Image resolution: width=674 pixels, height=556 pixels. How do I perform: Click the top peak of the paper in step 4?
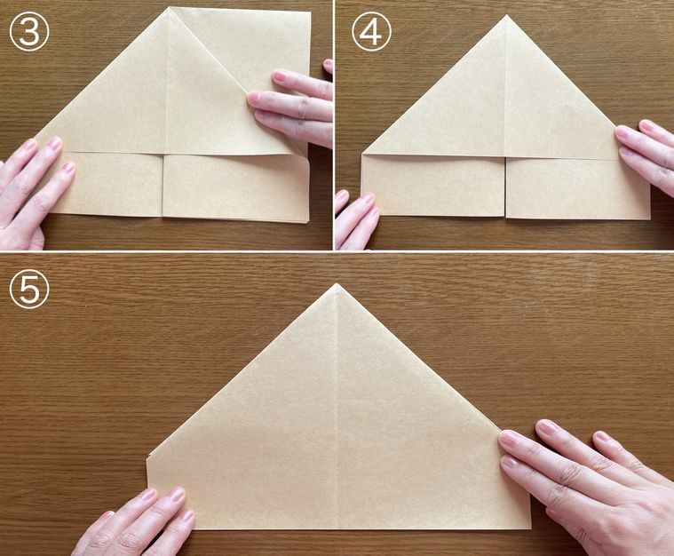[506, 15]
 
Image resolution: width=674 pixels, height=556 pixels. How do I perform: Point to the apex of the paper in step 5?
[337, 283]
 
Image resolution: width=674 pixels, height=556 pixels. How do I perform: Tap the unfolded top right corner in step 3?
[310, 12]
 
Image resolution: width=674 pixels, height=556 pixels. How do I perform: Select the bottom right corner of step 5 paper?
[531, 528]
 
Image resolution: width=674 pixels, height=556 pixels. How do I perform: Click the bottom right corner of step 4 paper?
[649, 218]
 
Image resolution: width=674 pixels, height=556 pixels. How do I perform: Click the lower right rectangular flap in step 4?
[578, 188]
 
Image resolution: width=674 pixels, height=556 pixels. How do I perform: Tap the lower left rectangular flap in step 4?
[433, 185]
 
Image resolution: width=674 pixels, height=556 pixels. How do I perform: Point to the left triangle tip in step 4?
[364, 153]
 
